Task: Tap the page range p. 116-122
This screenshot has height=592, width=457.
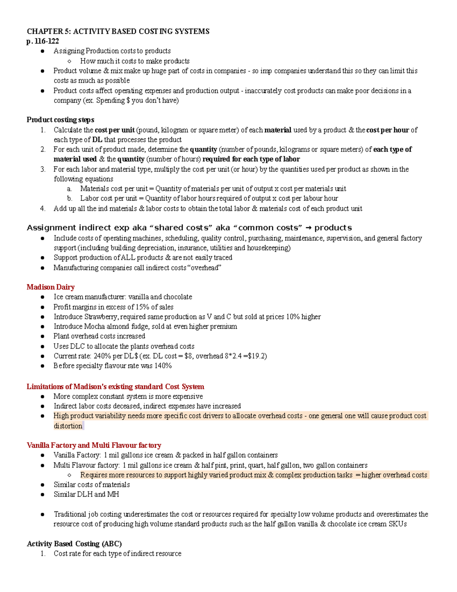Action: point(43,41)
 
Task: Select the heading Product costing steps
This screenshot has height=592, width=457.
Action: point(60,120)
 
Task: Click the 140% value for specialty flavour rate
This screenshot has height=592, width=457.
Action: point(163,366)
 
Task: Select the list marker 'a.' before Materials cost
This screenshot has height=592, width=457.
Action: point(69,189)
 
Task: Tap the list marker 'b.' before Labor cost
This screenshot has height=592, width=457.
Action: point(69,199)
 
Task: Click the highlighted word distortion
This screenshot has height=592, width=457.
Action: point(68,426)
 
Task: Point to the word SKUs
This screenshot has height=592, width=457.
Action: point(398,524)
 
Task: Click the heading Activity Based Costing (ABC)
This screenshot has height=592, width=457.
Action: point(74,544)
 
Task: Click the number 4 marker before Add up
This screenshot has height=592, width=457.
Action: point(43,209)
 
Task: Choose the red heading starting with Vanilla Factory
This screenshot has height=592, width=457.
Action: point(94,445)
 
